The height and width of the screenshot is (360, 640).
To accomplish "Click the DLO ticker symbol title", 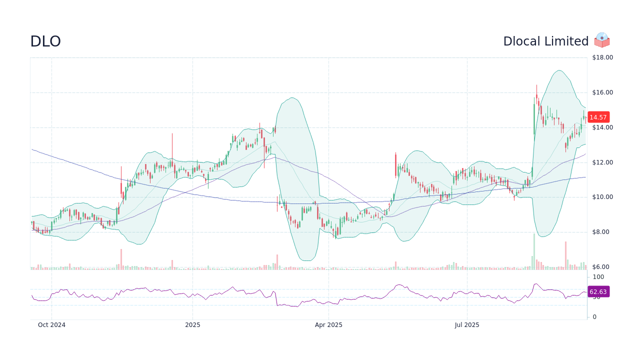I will coord(45,41).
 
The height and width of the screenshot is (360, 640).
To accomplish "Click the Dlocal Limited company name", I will coord(545,41).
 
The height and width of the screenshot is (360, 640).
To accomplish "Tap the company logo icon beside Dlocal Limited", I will coord(602,40).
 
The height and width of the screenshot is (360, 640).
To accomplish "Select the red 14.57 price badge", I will coord(598,117).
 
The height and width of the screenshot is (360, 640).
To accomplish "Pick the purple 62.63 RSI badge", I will coord(598,291).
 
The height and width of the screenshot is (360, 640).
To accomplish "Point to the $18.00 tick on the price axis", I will coord(602,57).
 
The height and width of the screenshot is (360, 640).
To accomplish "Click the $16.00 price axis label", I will coord(602,92).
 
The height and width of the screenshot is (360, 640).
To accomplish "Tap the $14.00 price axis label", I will coord(602,127).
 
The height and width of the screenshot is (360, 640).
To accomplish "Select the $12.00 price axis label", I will coord(602,162).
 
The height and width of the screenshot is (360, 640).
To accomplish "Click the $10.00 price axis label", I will coord(602,197).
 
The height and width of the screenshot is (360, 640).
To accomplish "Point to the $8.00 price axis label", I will coord(600,232).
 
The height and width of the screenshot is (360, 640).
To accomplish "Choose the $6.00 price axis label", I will coord(600,267).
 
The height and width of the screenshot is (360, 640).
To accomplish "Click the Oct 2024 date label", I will coord(51,325).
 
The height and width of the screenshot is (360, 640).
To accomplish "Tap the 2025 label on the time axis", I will coord(192,325).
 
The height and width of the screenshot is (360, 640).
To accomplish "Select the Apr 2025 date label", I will coord(328,325).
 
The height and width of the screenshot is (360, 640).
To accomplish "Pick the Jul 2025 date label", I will coord(467,325).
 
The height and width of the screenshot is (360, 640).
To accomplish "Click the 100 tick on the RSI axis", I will coord(598,277).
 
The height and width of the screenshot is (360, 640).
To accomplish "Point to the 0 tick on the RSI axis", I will coord(594,317).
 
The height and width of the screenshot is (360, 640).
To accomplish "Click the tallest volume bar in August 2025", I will coord(534,251).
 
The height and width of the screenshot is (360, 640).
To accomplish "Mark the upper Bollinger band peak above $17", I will coord(558,70).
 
